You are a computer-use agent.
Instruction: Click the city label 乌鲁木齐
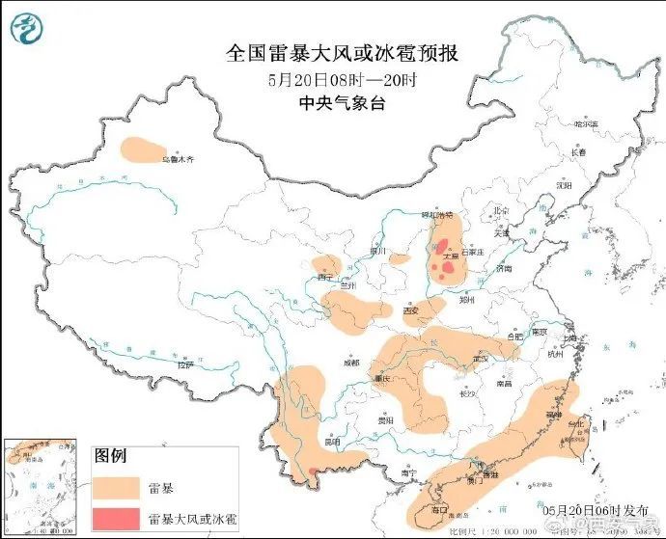178,158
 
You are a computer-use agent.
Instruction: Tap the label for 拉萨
185,365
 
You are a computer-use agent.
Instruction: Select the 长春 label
578,151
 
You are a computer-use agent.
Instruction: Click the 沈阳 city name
565,184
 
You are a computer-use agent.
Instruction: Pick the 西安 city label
411,310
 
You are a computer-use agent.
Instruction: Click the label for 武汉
480,359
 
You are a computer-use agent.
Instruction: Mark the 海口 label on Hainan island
439,508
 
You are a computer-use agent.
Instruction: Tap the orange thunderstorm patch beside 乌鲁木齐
139,148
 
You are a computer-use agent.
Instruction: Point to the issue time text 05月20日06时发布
583,507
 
